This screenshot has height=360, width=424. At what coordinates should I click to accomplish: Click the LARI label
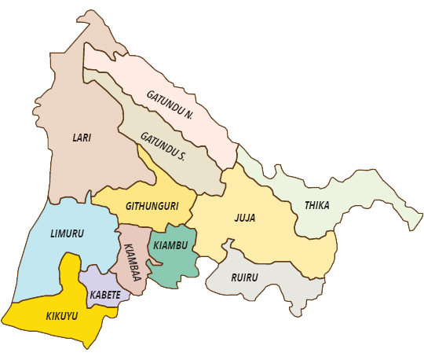[x=82, y=138]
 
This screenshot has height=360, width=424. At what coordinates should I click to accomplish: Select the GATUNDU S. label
[x=163, y=146]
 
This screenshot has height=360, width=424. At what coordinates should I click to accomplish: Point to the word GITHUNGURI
[x=148, y=206]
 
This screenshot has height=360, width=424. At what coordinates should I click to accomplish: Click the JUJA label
[x=246, y=218]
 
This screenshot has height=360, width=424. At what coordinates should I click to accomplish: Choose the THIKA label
[x=316, y=206]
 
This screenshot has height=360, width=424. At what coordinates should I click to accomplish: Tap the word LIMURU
[x=67, y=234]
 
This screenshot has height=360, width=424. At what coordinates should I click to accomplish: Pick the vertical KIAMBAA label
[x=129, y=259]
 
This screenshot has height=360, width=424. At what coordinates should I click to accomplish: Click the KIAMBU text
[x=170, y=246]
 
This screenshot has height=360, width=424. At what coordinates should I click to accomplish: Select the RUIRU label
[x=244, y=277]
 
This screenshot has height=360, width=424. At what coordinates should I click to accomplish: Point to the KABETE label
[x=105, y=295]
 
